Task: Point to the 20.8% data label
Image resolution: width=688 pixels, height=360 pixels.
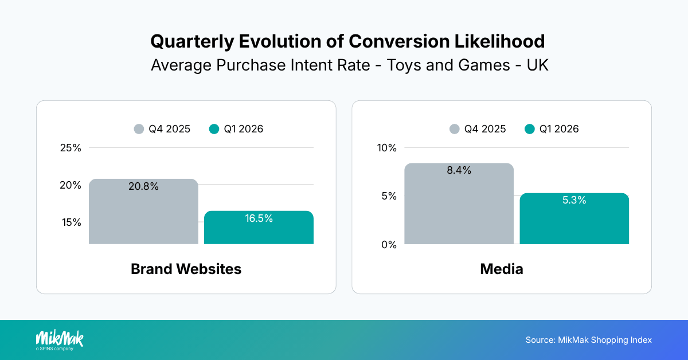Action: (143, 186)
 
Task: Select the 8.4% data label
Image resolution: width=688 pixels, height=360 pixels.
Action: (459, 170)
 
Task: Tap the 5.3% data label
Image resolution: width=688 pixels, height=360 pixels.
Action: (573, 200)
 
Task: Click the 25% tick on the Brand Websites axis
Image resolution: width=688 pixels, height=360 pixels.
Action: (71, 148)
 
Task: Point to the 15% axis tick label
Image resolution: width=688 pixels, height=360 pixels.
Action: (71, 222)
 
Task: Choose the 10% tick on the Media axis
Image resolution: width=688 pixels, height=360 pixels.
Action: (386, 148)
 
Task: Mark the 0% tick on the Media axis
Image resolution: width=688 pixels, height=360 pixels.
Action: (388, 245)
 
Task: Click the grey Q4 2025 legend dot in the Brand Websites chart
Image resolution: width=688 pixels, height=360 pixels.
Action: (139, 129)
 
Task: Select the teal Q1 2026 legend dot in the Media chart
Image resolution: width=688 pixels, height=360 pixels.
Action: (530, 129)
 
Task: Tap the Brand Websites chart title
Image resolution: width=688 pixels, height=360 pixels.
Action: (186, 269)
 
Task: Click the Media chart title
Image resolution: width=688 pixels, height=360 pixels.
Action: (501, 269)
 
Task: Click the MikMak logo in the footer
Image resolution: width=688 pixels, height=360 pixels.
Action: (59, 339)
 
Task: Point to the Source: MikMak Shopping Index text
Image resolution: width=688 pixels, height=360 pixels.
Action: (588, 340)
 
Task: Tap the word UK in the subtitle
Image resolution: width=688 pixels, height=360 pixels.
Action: (537, 65)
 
